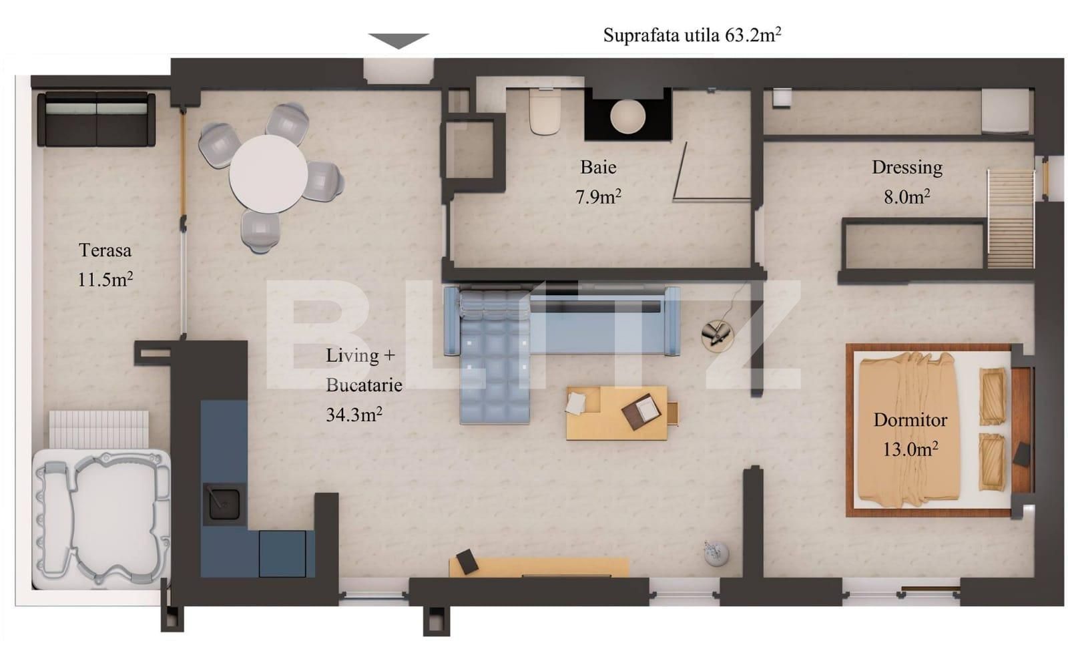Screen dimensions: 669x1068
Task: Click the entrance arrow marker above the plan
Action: pyautogui.click(x=398, y=41)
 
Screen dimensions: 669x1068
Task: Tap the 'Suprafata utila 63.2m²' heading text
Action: pyautogui.click(x=692, y=35)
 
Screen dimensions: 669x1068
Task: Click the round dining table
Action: pyautogui.click(x=268, y=174)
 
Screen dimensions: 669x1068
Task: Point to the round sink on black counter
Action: pyautogui.click(x=627, y=117)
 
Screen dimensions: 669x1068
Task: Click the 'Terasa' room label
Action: pyautogui.click(x=105, y=250)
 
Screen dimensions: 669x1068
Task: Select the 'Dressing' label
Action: pyautogui.click(x=906, y=167)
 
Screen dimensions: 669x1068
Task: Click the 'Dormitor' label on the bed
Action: pyautogui.click(x=910, y=420)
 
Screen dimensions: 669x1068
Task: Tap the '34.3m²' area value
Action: pyautogui.click(x=354, y=415)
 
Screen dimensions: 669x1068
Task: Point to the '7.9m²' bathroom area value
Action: pyautogui.click(x=598, y=197)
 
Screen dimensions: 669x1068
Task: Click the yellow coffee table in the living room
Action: pyautogui.click(x=616, y=413)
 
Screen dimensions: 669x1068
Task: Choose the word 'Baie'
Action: pyautogui.click(x=598, y=167)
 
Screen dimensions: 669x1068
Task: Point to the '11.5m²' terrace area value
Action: pyautogui.click(x=105, y=279)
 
